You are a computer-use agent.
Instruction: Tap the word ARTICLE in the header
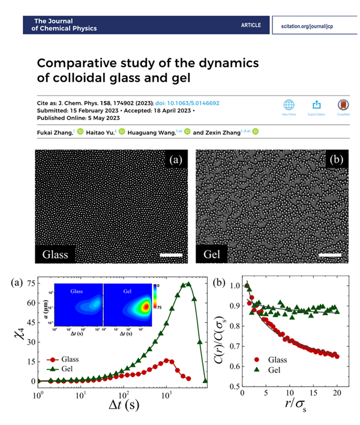(x=251, y=25)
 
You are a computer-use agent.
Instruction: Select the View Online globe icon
(x=289, y=105)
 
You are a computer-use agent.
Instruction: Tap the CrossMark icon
(x=343, y=105)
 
